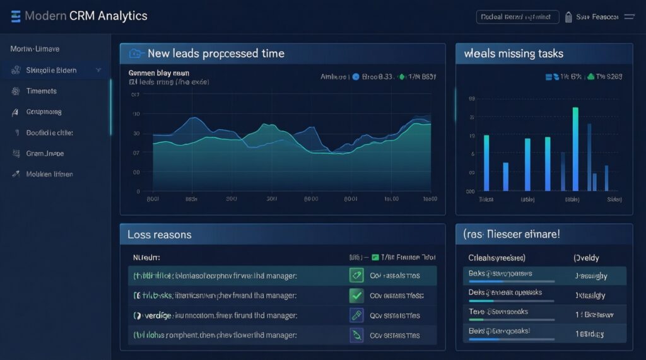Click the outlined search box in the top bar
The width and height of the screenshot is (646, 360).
click(517, 17)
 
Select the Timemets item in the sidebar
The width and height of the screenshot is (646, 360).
click(42, 91)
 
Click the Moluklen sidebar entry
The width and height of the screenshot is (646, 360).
click(49, 173)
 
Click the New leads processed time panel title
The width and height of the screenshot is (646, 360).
click(216, 54)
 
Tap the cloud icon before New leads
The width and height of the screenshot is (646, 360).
click(135, 54)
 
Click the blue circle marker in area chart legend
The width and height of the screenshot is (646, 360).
click(355, 77)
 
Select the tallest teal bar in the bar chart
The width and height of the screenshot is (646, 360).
click(575, 149)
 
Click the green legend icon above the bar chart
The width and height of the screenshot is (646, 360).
click(590, 77)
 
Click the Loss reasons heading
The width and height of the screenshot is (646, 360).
click(159, 235)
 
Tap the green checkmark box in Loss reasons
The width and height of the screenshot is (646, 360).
click(356, 295)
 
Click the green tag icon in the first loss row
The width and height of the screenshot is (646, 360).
click(356, 275)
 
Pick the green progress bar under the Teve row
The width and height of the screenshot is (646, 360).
click(476, 320)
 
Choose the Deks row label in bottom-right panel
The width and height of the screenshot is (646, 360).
click(477, 293)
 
